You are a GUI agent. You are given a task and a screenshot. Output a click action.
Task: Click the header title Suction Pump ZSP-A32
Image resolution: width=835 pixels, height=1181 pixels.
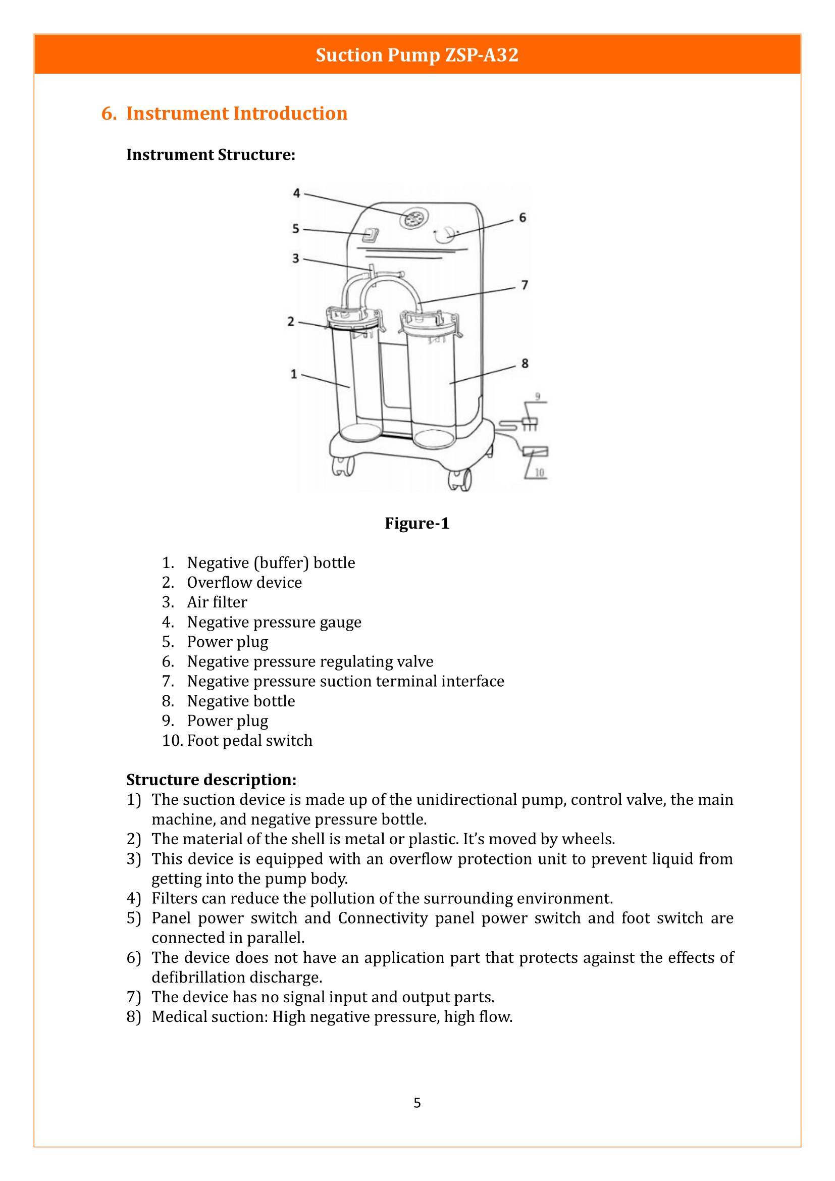pos(417,55)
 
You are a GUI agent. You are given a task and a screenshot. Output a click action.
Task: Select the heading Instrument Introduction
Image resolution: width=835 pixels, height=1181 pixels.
pos(236,113)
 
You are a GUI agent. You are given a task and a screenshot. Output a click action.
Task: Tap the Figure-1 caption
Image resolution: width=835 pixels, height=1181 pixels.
pos(417,523)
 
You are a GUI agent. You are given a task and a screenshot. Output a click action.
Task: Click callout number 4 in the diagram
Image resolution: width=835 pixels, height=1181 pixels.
pos(297,193)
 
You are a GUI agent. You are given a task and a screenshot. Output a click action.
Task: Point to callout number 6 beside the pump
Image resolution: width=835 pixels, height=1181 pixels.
pos(523,218)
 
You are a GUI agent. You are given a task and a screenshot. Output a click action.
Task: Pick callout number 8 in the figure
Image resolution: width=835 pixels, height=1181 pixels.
pos(525,363)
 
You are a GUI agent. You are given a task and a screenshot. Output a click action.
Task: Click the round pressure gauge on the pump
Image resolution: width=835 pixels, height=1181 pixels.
pos(414,220)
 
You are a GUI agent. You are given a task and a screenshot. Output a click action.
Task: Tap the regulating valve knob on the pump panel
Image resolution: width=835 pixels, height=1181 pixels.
pos(444,235)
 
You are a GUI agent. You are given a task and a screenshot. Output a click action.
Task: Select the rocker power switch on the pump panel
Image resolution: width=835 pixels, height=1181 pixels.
pos(370,236)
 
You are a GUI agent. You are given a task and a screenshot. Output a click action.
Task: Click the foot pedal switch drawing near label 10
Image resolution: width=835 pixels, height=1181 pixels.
pos(535,451)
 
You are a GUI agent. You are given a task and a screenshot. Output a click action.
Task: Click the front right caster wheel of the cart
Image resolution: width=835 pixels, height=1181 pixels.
pos(460,480)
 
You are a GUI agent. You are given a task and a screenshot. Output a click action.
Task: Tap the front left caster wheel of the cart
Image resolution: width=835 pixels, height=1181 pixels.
pos(343,466)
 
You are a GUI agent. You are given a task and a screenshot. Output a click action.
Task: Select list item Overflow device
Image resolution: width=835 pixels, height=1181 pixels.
pos(244,582)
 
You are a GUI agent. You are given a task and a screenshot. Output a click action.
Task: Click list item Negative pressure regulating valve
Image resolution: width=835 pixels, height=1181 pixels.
pos(310,661)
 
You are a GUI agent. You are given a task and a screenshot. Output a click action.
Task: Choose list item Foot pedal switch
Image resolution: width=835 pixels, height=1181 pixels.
pos(249,740)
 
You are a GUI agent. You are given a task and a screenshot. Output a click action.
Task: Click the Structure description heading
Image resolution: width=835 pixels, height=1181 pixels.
pos(212,780)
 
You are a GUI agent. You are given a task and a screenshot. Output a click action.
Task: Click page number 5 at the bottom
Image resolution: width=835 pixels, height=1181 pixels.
pos(417,1102)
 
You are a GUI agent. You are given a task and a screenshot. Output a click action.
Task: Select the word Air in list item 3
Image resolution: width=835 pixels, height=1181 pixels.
pos(197,602)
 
